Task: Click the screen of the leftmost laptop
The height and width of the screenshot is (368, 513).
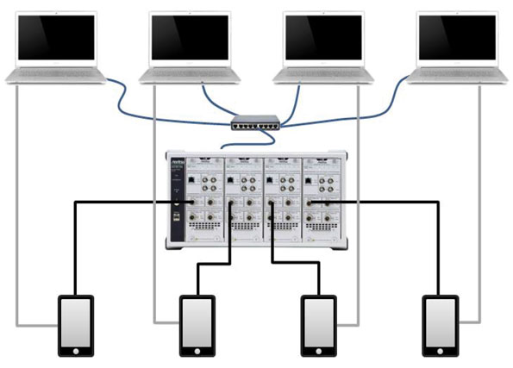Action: click(x=56, y=38)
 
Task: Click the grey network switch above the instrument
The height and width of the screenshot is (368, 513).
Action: click(x=256, y=123)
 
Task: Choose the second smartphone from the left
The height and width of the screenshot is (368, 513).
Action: click(x=196, y=326)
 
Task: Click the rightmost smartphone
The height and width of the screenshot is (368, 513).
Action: click(x=440, y=326)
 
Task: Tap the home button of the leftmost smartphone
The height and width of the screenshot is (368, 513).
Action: click(x=74, y=352)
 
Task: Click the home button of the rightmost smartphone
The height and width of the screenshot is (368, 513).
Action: click(x=440, y=352)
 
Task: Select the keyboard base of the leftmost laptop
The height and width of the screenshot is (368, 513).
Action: click(x=56, y=77)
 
